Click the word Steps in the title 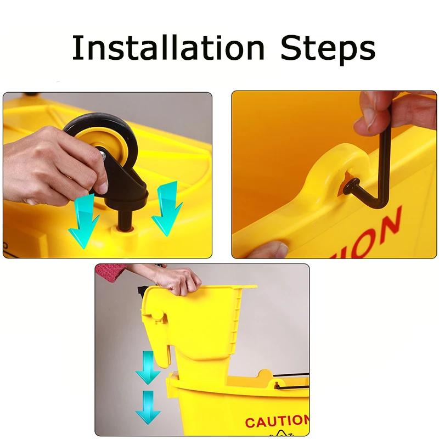coord(328,49)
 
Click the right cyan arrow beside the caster coord(167,209)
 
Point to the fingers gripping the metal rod coord(379,112)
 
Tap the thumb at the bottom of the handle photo coord(269,250)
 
